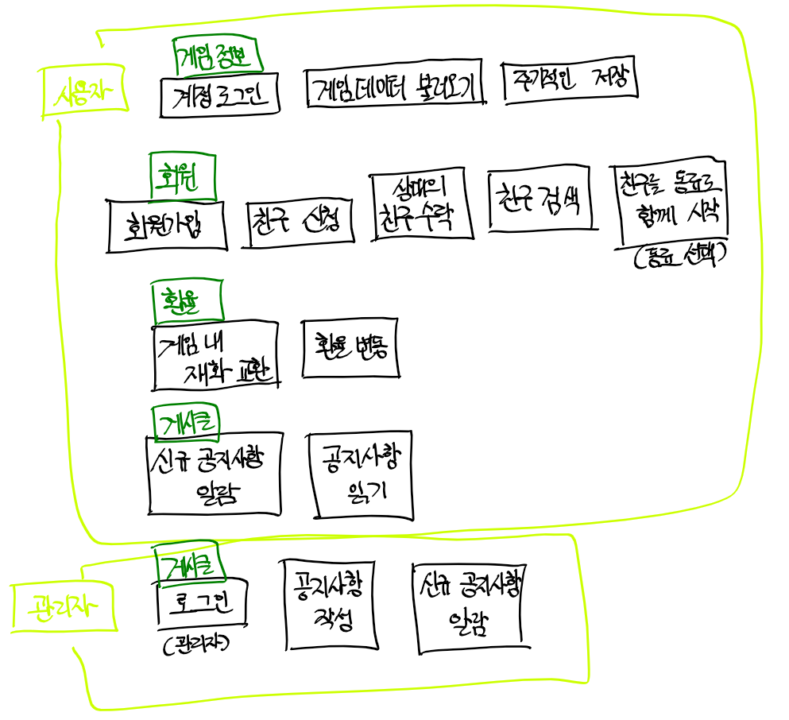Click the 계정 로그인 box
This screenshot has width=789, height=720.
[x=219, y=97]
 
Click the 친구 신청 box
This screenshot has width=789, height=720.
[x=299, y=223]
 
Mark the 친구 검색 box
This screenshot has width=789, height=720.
[x=540, y=199]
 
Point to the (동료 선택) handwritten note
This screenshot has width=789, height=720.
[x=681, y=257]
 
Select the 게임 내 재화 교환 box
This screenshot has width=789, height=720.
[x=216, y=354]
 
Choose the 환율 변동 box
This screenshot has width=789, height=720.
[x=348, y=348]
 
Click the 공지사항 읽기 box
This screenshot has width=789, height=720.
[x=362, y=475]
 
